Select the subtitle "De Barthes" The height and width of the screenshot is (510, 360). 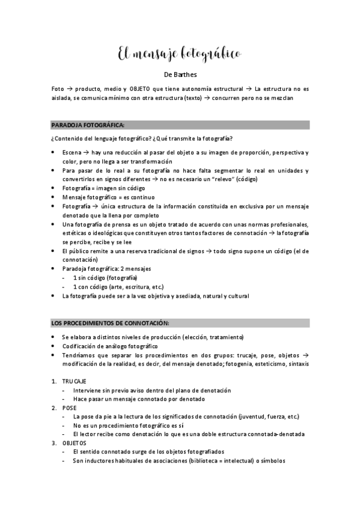pos(180,75)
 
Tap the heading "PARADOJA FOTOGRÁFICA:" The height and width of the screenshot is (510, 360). pos(88,125)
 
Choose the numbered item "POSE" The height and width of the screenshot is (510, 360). pos(69,407)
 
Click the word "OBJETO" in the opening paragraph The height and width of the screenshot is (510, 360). pos(139,88)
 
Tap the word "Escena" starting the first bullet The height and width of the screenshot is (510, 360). pos(72,153)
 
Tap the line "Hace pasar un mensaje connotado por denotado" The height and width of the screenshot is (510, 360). pos(139,399)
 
